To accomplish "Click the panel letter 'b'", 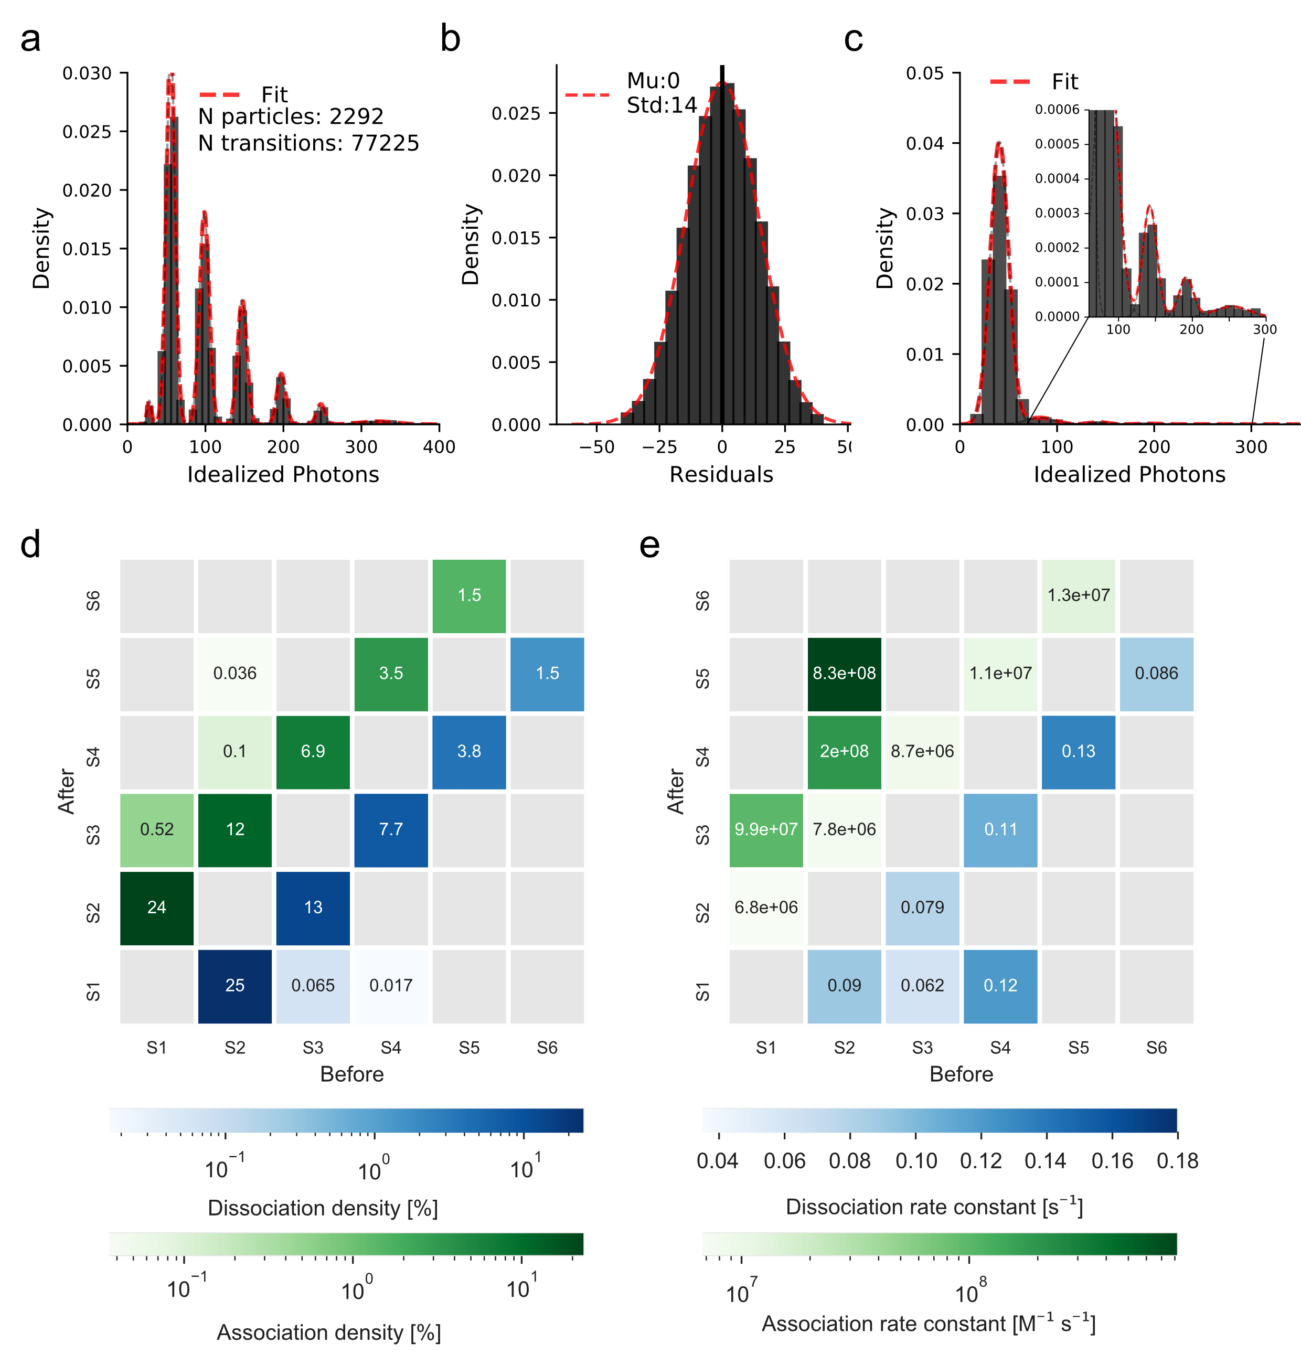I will [450, 39].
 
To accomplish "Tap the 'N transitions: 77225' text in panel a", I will [308, 143].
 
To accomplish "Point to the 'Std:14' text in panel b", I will [662, 105].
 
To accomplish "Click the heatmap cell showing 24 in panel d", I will [157, 907].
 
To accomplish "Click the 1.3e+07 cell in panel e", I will [1079, 595].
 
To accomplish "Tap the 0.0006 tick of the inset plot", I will [1057, 110].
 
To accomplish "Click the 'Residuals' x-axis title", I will [721, 474].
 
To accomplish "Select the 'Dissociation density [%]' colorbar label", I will [323, 1208].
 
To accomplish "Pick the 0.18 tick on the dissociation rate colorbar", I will [1177, 1161].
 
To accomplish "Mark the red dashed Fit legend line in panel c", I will [1010, 82].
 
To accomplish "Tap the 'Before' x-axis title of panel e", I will [961, 1074].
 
